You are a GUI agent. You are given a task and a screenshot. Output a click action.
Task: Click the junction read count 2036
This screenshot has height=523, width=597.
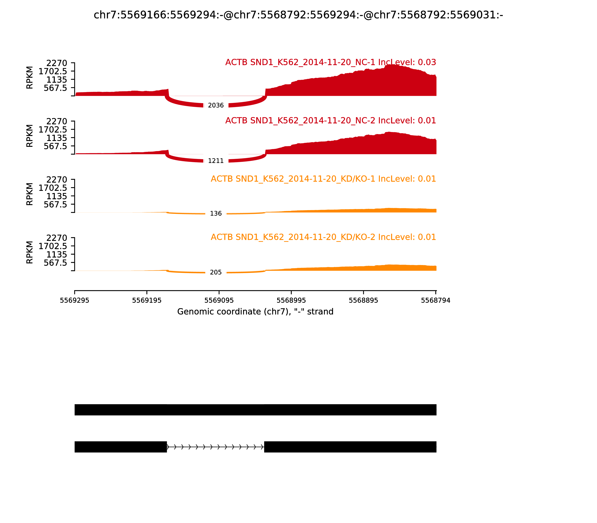pyautogui.click(x=216, y=105)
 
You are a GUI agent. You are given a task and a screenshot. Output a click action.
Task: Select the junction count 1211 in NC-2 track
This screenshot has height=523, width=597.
pyautogui.click(x=216, y=161)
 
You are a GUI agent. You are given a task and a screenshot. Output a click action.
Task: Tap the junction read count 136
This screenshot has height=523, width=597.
pyautogui.click(x=216, y=214)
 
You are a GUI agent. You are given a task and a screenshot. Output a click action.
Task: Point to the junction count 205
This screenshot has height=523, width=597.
pyautogui.click(x=216, y=272)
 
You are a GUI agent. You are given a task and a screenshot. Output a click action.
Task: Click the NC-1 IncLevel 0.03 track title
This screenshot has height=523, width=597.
pyautogui.click(x=330, y=62)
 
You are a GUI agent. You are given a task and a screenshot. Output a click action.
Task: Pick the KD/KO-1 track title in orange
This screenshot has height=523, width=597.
pyautogui.click(x=323, y=179)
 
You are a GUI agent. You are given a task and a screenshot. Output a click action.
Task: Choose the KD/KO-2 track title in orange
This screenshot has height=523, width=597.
pyautogui.click(x=323, y=237)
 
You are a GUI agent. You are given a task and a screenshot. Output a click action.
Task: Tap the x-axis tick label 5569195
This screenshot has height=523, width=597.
pyautogui.click(x=147, y=301)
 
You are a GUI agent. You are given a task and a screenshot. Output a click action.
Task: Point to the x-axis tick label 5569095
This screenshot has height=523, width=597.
pyautogui.click(x=219, y=301)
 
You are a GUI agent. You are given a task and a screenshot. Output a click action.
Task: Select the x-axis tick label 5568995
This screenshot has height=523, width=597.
pyautogui.click(x=291, y=301)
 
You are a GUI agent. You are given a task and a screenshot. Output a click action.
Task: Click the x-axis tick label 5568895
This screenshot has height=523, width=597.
pyautogui.click(x=363, y=301)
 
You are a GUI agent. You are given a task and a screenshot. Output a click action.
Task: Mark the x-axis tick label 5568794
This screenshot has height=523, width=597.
pyautogui.click(x=435, y=301)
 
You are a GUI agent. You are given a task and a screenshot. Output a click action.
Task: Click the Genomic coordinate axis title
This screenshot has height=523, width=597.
pyautogui.click(x=255, y=312)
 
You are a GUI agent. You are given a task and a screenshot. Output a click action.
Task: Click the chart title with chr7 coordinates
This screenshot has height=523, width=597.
pyautogui.click(x=298, y=15)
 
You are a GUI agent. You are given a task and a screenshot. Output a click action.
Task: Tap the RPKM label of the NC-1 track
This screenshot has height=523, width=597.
pyautogui.click(x=30, y=78)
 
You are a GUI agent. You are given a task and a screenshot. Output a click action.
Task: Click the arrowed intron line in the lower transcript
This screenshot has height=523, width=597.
pyautogui.click(x=215, y=447)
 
